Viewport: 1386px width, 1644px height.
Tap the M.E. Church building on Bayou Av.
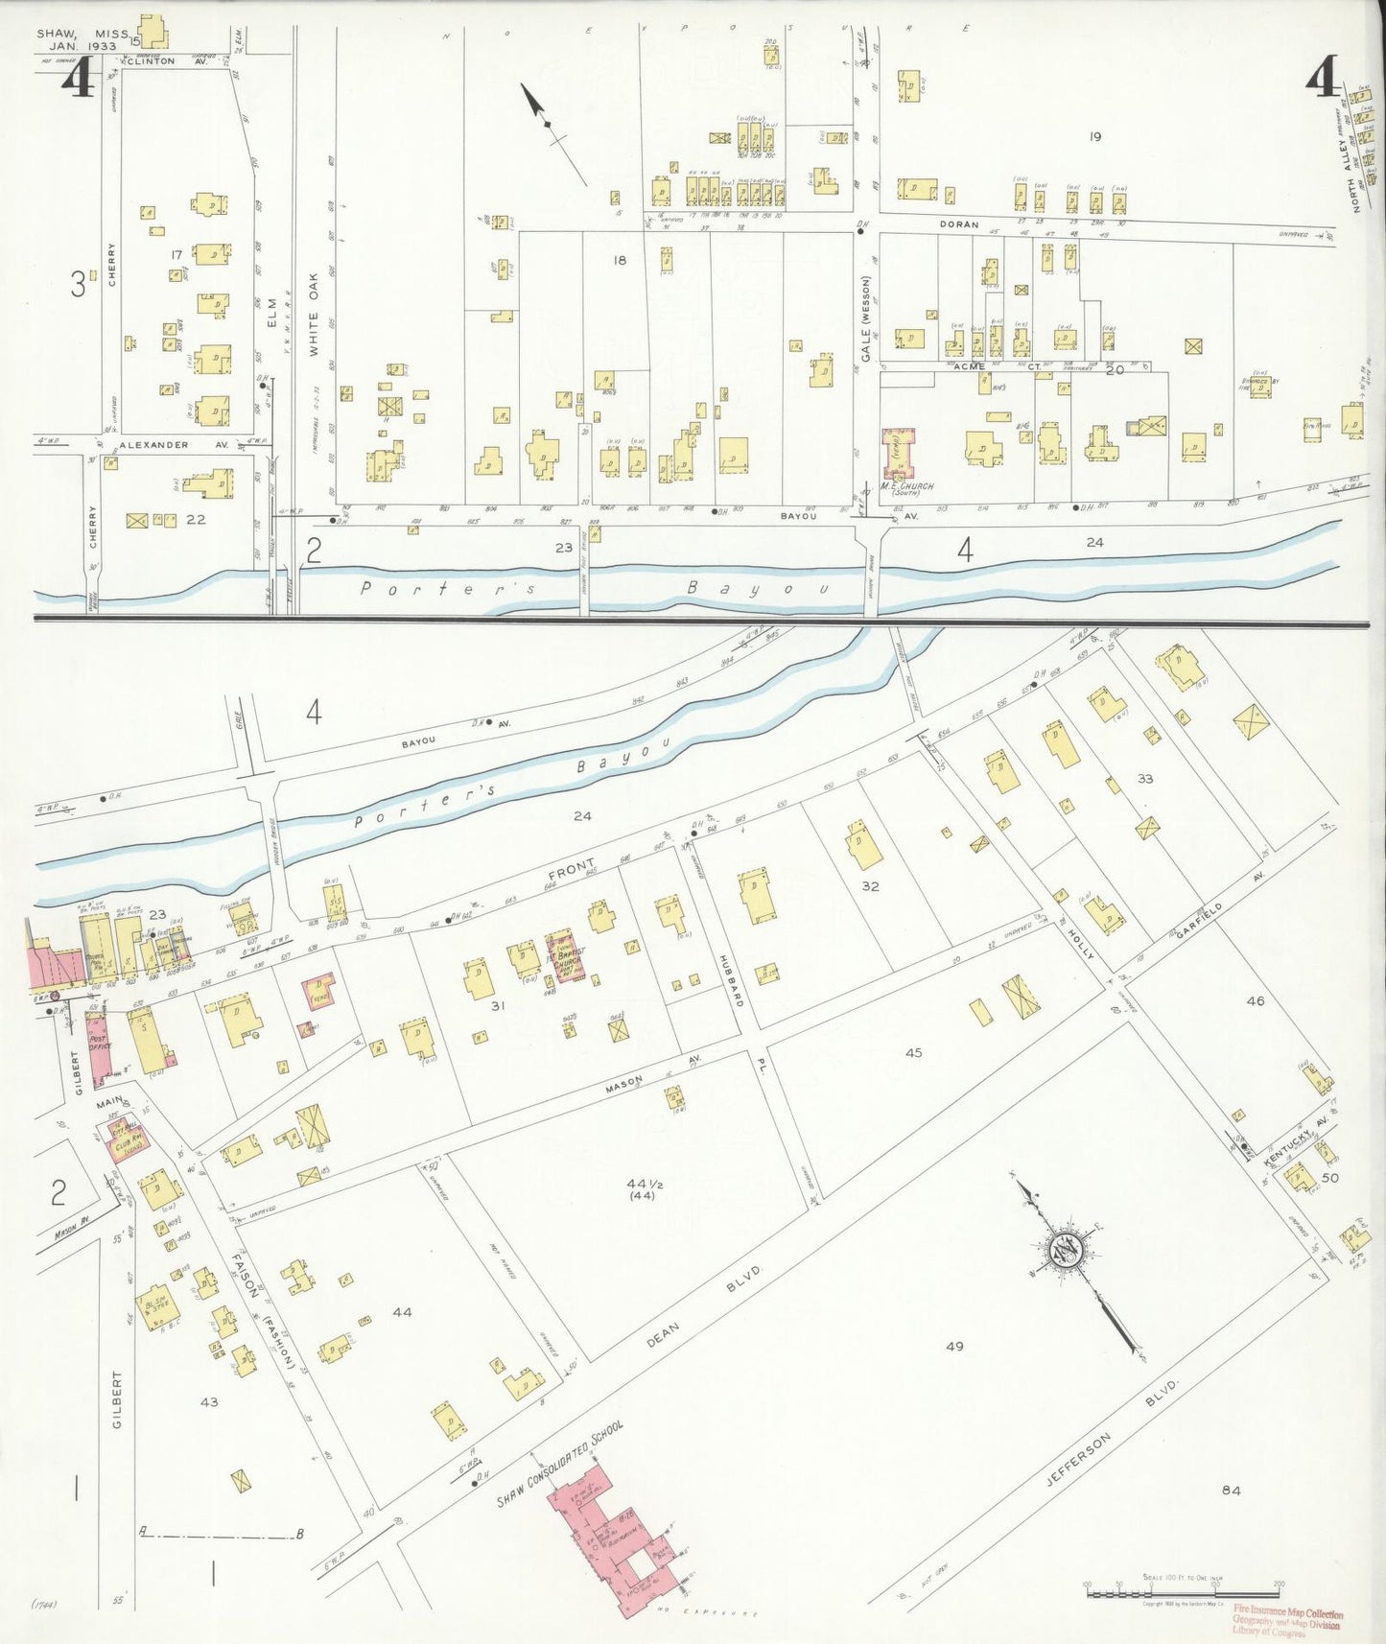coord(899,453)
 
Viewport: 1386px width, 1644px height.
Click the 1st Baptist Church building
coord(564,957)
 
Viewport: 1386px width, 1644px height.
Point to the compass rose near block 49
coord(1065,1249)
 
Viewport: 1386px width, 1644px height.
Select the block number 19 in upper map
coord(1094,137)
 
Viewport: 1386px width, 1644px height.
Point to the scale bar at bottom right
coord(1181,1593)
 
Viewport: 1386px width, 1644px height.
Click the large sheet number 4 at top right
coord(1323,75)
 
